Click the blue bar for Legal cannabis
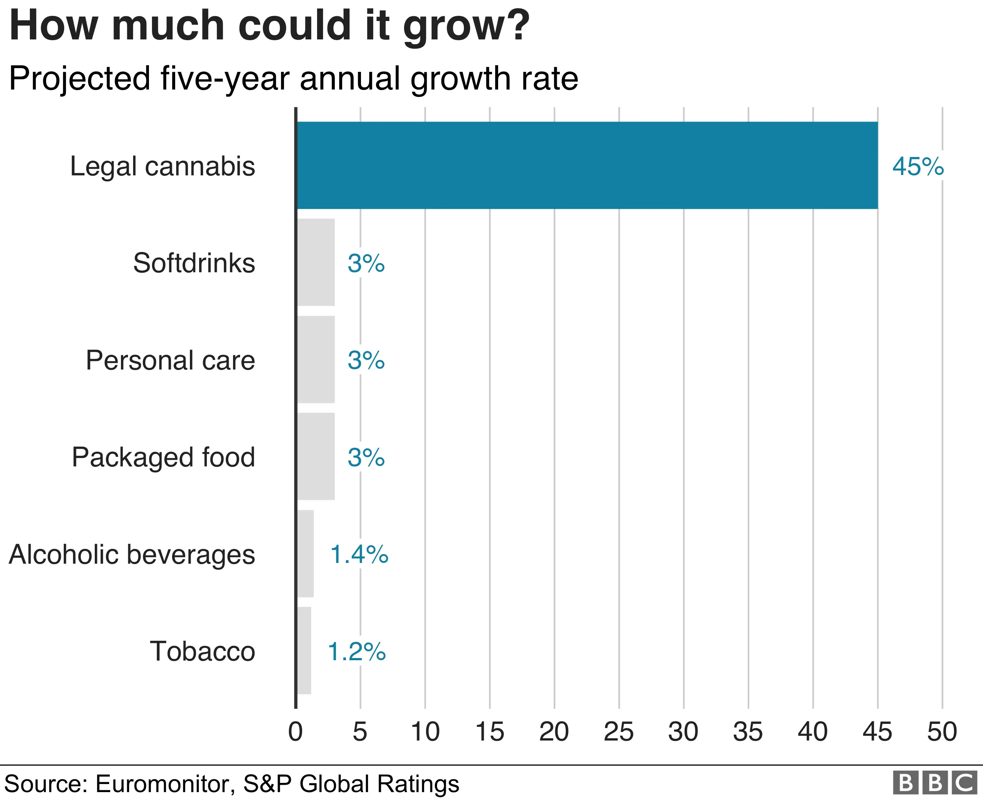click(587, 165)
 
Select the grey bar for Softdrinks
click(316, 262)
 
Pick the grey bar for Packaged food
click(316, 456)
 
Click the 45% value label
click(918, 167)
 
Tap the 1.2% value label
click(357, 651)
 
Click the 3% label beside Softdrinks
click(366, 263)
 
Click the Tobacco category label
click(202, 651)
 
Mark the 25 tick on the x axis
click(619, 731)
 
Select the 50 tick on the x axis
click(942, 731)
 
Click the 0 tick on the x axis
click(295, 731)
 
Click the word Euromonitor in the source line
click(165, 784)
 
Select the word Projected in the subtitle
click(80, 78)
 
